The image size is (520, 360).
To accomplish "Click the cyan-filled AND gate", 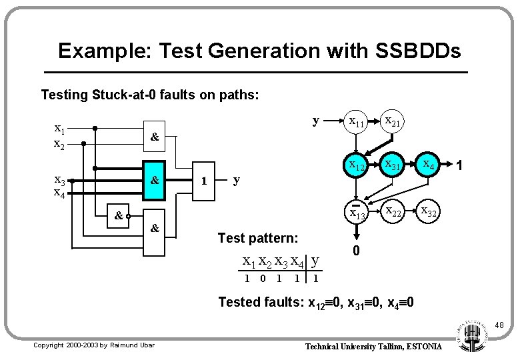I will pyautogui.click(x=154, y=180).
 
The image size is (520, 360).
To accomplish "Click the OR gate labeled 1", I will pyautogui.click(x=205, y=181).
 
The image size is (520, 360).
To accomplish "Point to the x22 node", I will pyautogui.click(x=392, y=212).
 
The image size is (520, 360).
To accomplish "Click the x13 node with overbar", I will pyautogui.click(x=357, y=212).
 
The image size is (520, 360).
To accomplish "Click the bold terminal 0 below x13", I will pyautogui.click(x=357, y=251).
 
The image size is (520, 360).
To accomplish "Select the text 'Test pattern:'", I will pyautogui.click(x=257, y=237).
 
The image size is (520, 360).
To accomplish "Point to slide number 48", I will pyautogui.click(x=499, y=325).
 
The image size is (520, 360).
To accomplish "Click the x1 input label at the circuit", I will pyautogui.click(x=59, y=129).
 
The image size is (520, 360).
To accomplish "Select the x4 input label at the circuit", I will pyautogui.click(x=59, y=194).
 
